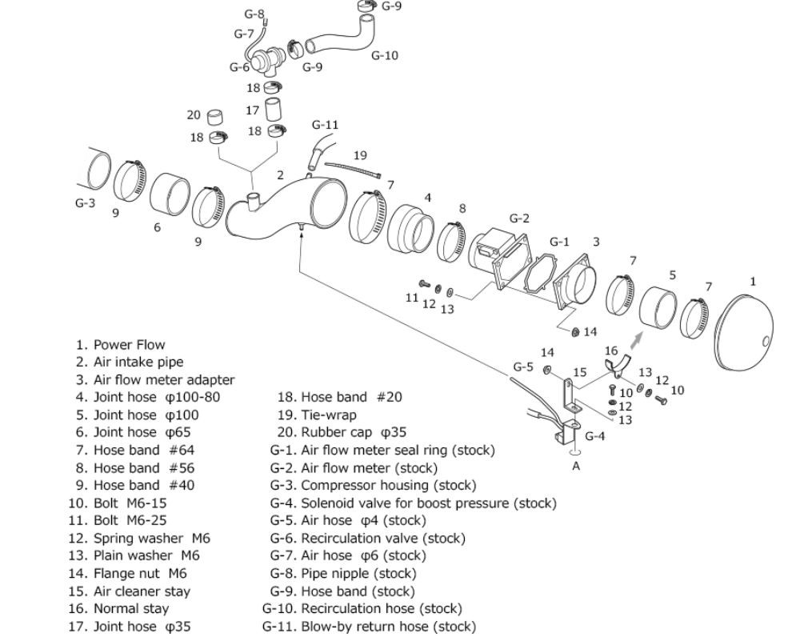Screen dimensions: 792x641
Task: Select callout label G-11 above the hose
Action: click(x=325, y=124)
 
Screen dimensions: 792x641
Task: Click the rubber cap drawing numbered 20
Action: click(x=216, y=117)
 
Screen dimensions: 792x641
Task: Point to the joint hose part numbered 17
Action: click(x=274, y=110)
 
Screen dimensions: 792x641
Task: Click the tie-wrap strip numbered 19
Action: click(x=352, y=170)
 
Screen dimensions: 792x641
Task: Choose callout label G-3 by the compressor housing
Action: click(x=85, y=202)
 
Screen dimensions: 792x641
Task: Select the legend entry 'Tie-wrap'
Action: click(x=317, y=415)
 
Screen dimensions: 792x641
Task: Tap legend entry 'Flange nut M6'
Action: click(x=128, y=573)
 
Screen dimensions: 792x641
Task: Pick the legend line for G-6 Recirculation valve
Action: click(x=368, y=539)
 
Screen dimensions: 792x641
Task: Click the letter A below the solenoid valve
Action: click(x=576, y=467)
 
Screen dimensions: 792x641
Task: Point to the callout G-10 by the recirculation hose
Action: click(x=385, y=55)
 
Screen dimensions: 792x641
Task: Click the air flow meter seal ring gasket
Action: click(x=539, y=273)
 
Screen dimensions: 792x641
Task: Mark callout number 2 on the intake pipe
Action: click(x=280, y=175)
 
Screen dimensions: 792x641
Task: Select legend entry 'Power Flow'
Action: click(x=121, y=345)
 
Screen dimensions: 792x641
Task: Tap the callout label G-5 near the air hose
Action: click(x=523, y=367)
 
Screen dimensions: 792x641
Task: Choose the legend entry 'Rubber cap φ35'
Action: click(x=342, y=432)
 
